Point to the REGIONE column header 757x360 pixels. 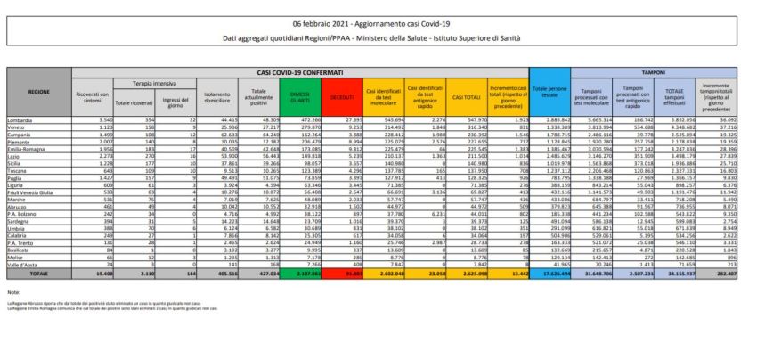tap(39, 91)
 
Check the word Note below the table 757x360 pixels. tap(12, 291)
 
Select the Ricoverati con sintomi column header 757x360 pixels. tap(93, 95)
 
